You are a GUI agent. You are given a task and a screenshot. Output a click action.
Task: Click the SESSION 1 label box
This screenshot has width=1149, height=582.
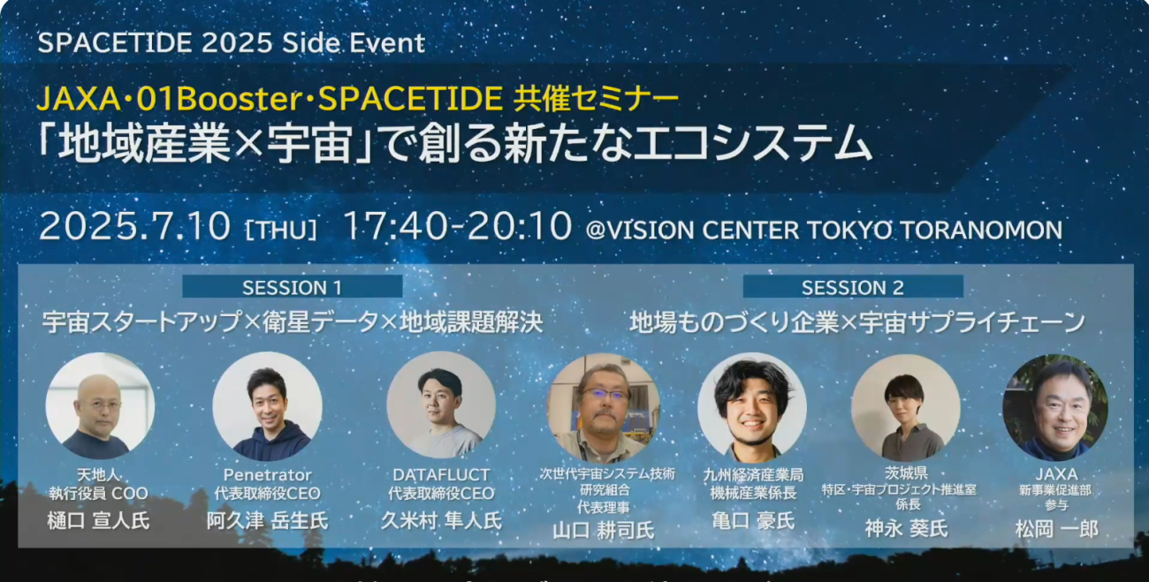[x=293, y=287]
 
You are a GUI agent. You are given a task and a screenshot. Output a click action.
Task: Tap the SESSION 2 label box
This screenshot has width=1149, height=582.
[x=853, y=287]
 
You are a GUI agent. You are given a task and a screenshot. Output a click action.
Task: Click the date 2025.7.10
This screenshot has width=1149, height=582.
[x=134, y=226]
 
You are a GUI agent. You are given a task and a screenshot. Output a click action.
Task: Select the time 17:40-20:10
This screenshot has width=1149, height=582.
[x=457, y=226]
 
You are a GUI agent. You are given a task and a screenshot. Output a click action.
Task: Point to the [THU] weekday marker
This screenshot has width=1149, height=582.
[x=282, y=230]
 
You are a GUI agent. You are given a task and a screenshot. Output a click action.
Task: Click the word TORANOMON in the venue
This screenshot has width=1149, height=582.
[x=981, y=230]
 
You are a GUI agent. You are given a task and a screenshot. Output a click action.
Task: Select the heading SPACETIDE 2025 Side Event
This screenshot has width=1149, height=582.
[x=232, y=42]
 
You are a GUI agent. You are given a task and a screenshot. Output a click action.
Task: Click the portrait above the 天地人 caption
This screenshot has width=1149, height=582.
[x=100, y=405]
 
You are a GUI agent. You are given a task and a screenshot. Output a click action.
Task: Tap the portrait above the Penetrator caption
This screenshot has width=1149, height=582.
[x=267, y=405]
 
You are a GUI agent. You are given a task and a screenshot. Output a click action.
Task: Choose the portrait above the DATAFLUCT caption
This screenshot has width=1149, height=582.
[x=441, y=404]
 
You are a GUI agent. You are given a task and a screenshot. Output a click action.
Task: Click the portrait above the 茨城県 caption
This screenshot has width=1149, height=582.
[x=906, y=407]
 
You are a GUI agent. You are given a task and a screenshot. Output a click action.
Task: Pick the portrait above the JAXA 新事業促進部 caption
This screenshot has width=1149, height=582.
[x=1055, y=407]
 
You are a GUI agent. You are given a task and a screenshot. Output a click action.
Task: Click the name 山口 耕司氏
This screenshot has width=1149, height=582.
[x=604, y=531]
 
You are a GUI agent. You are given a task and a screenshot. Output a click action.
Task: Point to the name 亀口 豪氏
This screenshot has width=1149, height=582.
[x=753, y=521]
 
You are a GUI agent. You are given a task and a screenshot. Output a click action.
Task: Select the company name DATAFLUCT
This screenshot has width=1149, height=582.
[x=441, y=474]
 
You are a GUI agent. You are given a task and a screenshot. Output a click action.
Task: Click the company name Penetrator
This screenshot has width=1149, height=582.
[x=267, y=474]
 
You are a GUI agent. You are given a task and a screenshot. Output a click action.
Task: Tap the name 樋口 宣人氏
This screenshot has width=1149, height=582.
[x=98, y=521]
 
